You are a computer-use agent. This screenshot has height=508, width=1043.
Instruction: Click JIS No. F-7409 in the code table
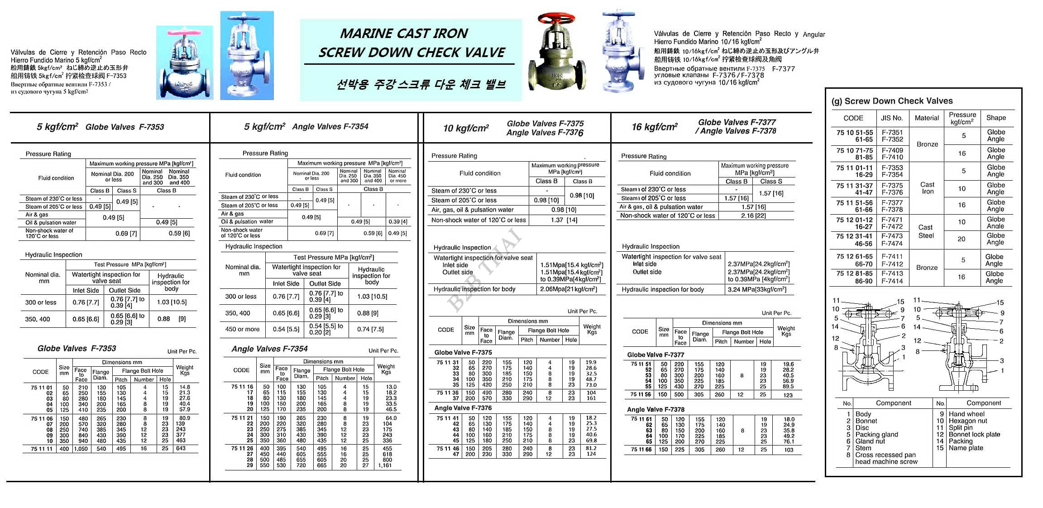coord(892,150)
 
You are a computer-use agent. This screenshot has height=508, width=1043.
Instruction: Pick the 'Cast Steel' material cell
coord(926,231)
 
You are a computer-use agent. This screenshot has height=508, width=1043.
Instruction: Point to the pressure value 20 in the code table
coord(961,239)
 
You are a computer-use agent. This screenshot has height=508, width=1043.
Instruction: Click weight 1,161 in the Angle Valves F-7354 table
coord(385,465)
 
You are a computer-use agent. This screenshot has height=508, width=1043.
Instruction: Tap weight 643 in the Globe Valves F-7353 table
coord(181,449)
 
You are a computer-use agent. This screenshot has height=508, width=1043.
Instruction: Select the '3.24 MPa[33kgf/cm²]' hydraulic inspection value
coord(757,290)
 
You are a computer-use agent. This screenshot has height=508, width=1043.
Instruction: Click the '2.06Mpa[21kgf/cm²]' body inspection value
coord(569,289)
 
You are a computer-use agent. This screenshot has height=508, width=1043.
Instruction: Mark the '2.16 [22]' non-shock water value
coord(753,216)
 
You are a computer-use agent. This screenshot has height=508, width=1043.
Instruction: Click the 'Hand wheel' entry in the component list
coord(966,414)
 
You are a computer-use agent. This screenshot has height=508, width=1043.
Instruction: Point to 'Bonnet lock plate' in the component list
coord(974,434)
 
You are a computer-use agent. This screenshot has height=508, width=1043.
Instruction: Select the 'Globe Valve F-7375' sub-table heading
coord(463,352)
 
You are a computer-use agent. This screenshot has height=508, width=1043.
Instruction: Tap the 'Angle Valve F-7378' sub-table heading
coord(655,409)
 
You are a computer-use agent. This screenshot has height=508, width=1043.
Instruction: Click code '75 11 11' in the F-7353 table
coord(42,449)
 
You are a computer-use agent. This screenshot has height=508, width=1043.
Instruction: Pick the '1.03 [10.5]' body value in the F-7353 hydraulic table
coord(172,302)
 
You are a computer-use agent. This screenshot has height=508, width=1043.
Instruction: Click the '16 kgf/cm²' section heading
coord(655,127)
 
